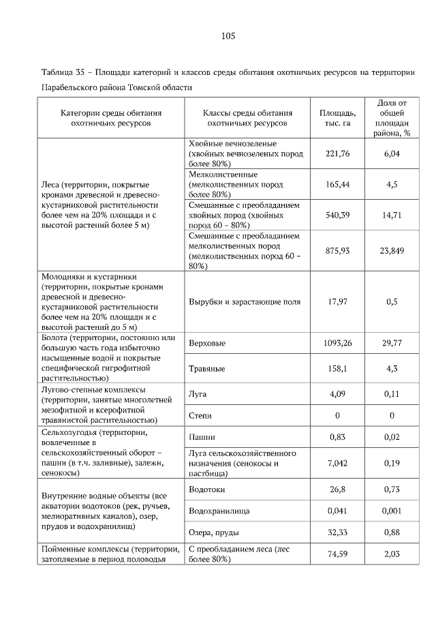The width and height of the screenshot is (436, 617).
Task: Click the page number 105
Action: (x=228, y=36)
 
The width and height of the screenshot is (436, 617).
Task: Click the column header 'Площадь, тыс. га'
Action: (x=337, y=118)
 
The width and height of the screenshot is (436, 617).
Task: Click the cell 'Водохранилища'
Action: (x=219, y=510)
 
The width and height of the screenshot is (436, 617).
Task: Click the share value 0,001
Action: (x=392, y=510)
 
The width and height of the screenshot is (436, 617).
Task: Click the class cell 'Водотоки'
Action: (x=206, y=489)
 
